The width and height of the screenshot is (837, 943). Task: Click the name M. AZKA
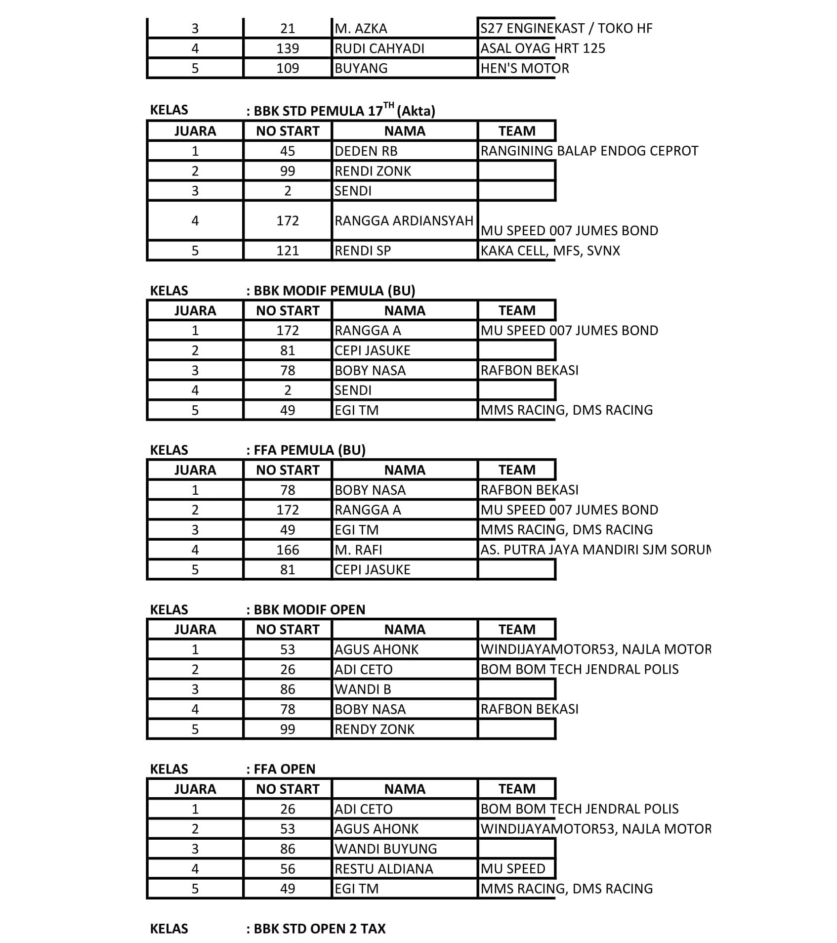(361, 29)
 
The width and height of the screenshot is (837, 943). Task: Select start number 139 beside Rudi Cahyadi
(288, 48)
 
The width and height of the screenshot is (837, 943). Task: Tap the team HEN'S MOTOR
(525, 68)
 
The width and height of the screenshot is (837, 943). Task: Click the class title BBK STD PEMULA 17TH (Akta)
(344, 110)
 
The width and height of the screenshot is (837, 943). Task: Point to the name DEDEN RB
(366, 151)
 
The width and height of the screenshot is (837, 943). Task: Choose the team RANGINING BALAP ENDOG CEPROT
(589, 151)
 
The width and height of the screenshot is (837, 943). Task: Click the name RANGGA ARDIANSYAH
(404, 220)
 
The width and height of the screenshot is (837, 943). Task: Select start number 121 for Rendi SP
(288, 251)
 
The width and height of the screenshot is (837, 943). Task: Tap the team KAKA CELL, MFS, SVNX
(550, 251)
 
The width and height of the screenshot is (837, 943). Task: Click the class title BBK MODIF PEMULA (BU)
(334, 291)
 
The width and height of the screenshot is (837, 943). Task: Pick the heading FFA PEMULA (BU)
(309, 450)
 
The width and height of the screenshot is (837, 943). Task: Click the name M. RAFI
(358, 550)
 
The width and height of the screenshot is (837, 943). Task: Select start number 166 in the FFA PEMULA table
(288, 550)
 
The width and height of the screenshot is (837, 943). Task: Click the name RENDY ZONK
(375, 729)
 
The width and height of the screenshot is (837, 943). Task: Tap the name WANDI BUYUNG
(386, 849)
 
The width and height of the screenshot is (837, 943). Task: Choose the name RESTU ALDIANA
(384, 868)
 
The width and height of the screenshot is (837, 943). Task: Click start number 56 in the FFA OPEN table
(288, 868)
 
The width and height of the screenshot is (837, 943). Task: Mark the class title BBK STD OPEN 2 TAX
(319, 929)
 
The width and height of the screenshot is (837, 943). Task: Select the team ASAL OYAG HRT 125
(543, 48)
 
